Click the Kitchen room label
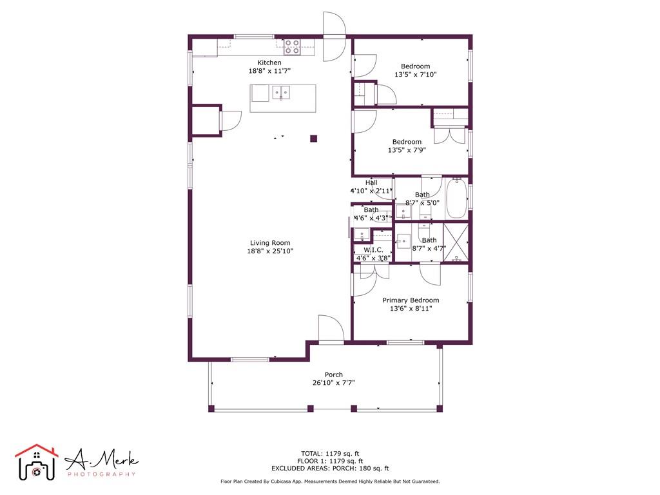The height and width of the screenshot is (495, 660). (x=269, y=63)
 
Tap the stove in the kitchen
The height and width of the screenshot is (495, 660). (x=292, y=46)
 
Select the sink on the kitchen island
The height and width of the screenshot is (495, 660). (x=281, y=92)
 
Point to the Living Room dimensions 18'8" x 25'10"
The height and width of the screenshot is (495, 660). (x=270, y=251)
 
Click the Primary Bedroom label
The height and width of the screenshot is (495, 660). (x=411, y=300)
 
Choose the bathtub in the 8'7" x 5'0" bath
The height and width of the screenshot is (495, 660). (x=456, y=198)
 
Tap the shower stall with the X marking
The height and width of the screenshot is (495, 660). (x=456, y=242)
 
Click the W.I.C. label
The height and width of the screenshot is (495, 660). (x=373, y=250)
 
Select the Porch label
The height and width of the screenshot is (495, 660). (x=333, y=374)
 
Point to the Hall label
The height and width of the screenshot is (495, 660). (x=371, y=182)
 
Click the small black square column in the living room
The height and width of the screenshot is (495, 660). (x=314, y=139)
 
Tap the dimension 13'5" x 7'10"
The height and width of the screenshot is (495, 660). (x=416, y=75)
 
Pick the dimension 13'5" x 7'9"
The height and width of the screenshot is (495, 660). (x=407, y=150)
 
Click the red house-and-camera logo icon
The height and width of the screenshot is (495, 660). (x=37, y=462)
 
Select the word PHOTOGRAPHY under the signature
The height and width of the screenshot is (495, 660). (x=102, y=474)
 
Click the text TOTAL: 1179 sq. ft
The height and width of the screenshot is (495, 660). (x=330, y=454)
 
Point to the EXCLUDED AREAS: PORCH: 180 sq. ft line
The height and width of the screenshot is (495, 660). (x=330, y=468)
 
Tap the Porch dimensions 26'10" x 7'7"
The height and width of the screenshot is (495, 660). (x=333, y=383)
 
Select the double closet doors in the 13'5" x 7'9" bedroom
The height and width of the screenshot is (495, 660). (x=449, y=135)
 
